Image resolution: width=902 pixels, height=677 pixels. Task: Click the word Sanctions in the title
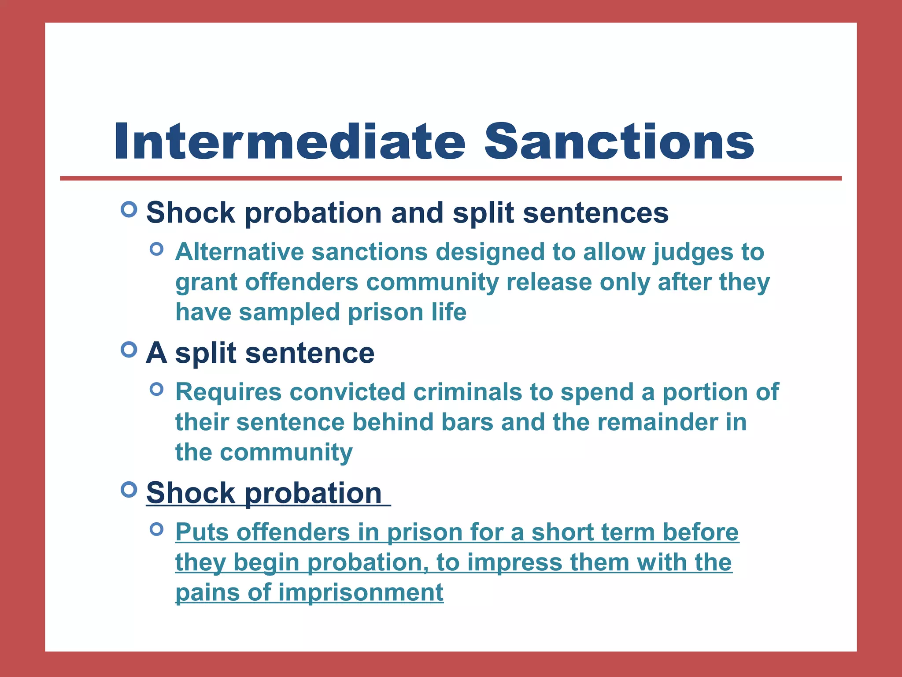(x=619, y=142)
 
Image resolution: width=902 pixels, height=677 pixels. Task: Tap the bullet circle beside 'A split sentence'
(x=129, y=350)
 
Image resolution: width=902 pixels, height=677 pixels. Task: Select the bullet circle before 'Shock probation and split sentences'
(x=129, y=209)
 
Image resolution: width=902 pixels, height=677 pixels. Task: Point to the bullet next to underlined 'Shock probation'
(x=129, y=490)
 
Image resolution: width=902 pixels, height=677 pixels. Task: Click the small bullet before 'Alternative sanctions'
(x=156, y=249)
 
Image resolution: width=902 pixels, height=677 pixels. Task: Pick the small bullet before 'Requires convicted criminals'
(x=156, y=389)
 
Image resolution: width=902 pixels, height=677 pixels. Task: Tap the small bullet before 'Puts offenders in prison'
(x=156, y=529)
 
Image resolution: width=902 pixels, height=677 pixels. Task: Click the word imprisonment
(x=361, y=592)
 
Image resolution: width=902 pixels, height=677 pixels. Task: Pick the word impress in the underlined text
(x=514, y=563)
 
